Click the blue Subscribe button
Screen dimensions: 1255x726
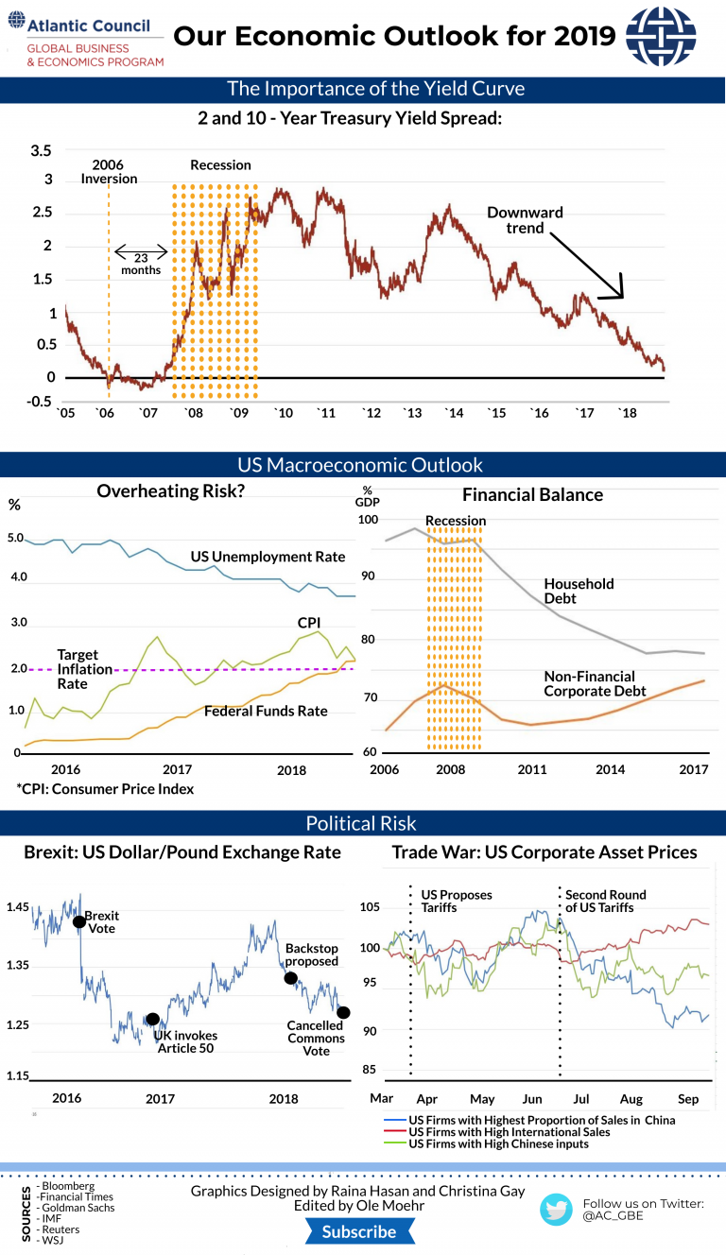click(x=359, y=1231)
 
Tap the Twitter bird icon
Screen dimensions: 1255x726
click(x=557, y=1210)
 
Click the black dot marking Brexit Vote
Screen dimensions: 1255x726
click(x=79, y=921)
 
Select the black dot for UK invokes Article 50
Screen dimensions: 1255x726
click(x=152, y=1019)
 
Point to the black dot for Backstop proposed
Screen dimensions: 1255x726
click(x=291, y=978)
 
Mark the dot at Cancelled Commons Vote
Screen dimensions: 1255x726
click(x=343, y=1012)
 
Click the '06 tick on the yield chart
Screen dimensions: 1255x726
click(x=106, y=413)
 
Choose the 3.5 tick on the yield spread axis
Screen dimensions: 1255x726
click(x=42, y=151)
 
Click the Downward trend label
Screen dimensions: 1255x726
click(x=525, y=220)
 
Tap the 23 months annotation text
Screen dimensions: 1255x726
click(x=141, y=263)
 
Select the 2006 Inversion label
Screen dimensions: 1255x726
click(x=109, y=171)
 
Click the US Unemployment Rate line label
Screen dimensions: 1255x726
click(x=268, y=557)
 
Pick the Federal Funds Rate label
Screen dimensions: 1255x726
click(x=266, y=711)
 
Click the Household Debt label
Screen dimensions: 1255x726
click(x=579, y=591)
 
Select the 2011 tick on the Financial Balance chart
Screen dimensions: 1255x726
click(x=532, y=769)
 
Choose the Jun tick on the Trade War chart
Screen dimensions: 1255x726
click(x=532, y=1099)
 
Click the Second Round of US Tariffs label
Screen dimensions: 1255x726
click(x=605, y=901)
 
